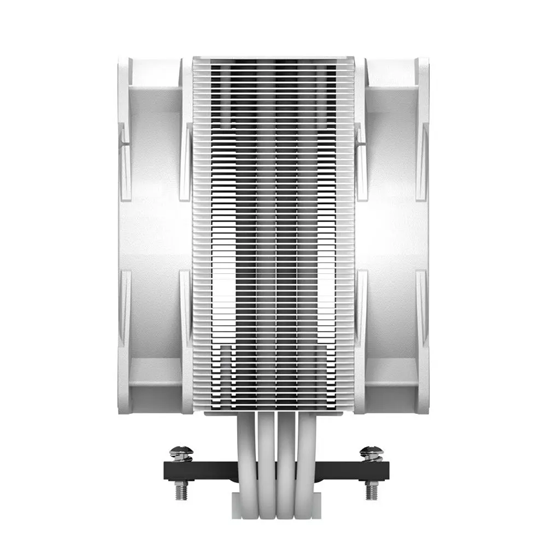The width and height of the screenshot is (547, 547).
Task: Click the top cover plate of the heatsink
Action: tap(273, 61)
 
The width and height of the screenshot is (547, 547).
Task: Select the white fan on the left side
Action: tap(149, 234)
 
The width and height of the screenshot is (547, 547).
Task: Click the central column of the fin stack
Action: tap(273, 234)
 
